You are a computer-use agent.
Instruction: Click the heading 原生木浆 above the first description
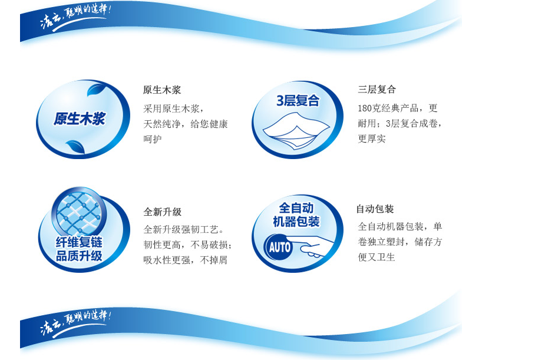pos(161,90)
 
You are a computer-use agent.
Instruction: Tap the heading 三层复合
pos(377,90)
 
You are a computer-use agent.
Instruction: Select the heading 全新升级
pos(163,212)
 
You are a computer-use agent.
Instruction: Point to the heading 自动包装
pos(375,209)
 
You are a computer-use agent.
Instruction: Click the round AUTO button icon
pos(279,247)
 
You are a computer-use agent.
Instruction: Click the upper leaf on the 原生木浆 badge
pos(96,89)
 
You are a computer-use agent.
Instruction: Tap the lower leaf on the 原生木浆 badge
pos(75,147)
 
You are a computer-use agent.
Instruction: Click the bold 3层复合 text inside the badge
pos(298,101)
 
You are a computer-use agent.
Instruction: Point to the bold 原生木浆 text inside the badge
pos(80,119)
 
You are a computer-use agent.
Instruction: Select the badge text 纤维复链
pos(79,242)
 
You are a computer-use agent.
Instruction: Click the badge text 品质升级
pos(79,256)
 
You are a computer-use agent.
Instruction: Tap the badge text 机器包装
pos(296,222)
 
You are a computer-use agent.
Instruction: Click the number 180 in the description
pos(364,108)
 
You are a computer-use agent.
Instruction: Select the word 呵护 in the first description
pos(152,139)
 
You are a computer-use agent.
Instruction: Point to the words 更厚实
pos(372,138)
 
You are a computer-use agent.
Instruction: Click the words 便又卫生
pos(377,257)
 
